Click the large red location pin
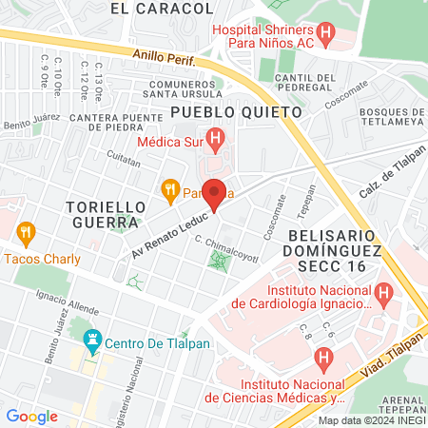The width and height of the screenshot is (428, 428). [x=215, y=193]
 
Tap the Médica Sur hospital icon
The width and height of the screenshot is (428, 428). [x=216, y=142]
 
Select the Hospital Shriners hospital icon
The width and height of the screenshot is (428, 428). [x=327, y=36]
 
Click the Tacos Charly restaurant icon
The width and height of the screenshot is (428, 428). [x=26, y=231]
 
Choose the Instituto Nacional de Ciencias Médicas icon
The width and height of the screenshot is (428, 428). [x=323, y=360]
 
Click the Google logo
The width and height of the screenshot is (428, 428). [x=32, y=416]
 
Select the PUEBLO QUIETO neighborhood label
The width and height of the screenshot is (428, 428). [x=236, y=111]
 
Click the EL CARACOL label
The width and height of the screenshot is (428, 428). [x=162, y=9]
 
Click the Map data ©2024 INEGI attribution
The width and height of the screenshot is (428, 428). [x=371, y=420]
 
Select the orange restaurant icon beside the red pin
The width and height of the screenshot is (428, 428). [x=170, y=188]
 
